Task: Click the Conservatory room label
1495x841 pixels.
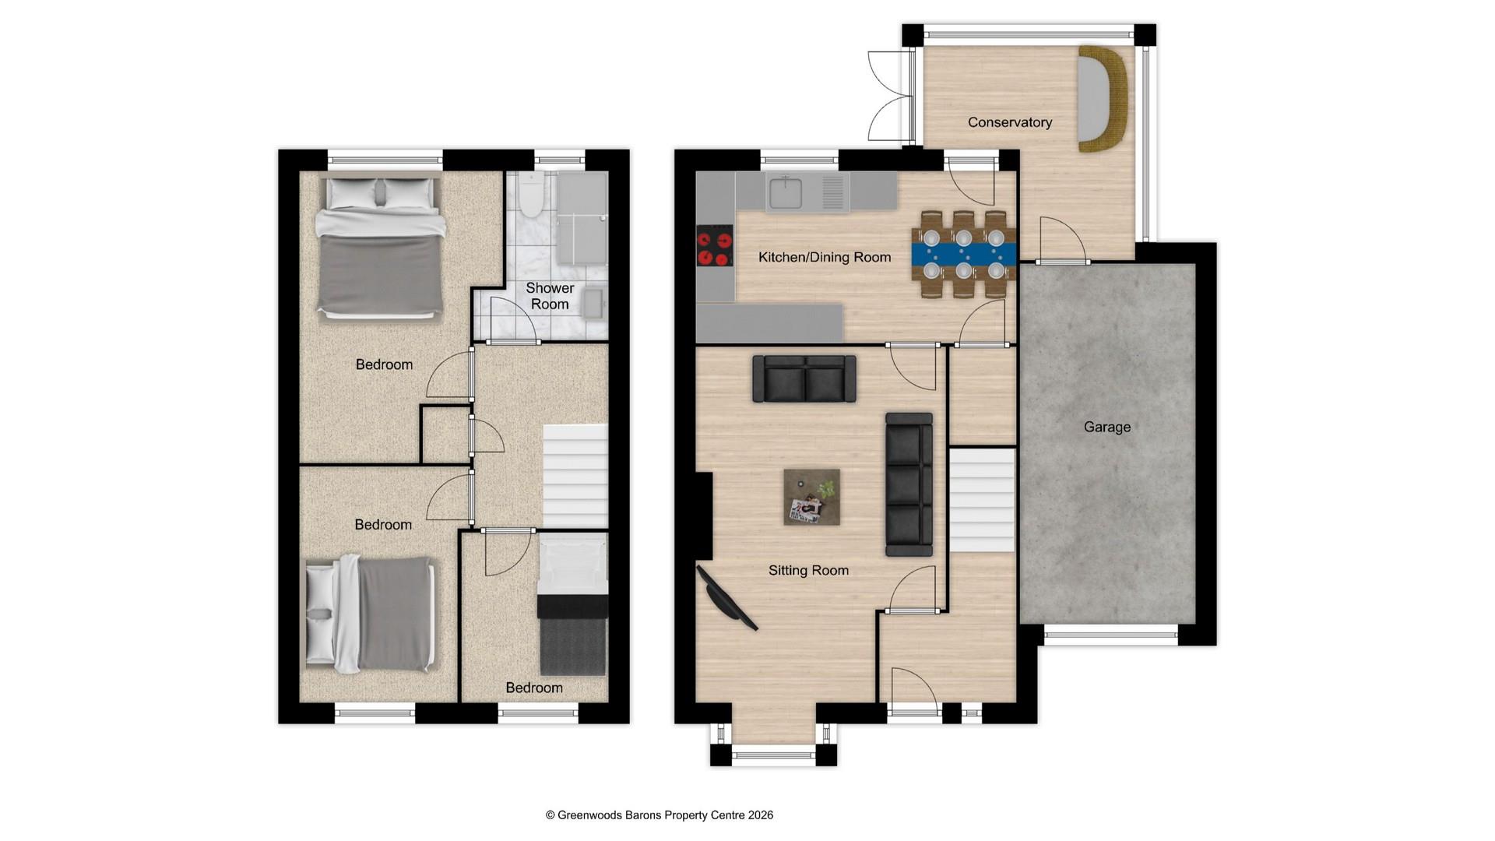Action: tap(1009, 122)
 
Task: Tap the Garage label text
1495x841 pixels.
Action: tap(1106, 427)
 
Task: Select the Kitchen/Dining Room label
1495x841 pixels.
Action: tap(825, 257)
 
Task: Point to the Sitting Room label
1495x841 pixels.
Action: tap(808, 570)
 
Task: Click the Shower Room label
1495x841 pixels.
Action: tap(550, 296)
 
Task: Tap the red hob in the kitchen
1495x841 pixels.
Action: tap(715, 246)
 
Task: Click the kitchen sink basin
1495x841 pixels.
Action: tap(785, 192)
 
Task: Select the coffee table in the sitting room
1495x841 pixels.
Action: tap(811, 497)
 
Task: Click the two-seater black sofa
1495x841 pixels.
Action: tap(804, 379)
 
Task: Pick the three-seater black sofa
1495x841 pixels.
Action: tap(909, 484)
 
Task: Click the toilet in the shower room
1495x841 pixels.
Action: tap(531, 197)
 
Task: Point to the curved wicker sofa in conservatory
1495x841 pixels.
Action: tap(1103, 99)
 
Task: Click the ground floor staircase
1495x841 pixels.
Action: tap(982, 499)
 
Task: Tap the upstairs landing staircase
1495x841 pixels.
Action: tap(575, 476)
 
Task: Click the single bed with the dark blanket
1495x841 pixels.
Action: tap(572, 615)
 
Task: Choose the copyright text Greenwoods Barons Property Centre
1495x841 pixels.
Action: tap(659, 815)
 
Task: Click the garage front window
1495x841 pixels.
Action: tap(1110, 635)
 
